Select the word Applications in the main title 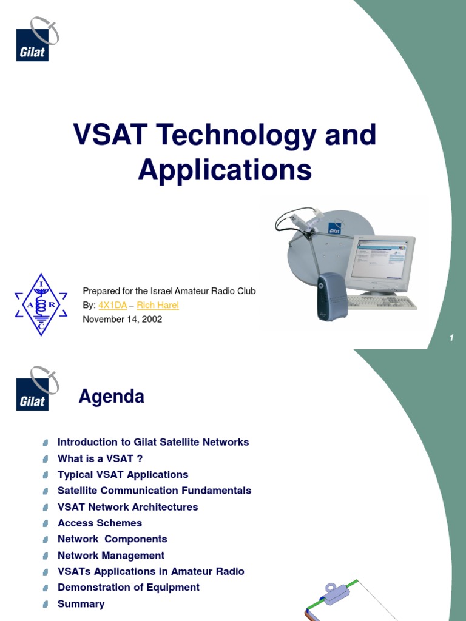(x=225, y=170)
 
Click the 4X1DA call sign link (x=112, y=305)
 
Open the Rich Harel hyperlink (x=158, y=305)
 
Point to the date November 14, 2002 (x=122, y=319)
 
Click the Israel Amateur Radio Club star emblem (x=41, y=304)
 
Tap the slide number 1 (x=452, y=338)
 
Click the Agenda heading (x=112, y=397)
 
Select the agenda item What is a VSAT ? (x=100, y=458)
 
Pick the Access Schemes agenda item (x=100, y=523)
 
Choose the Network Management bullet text (x=110, y=556)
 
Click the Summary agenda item (x=81, y=604)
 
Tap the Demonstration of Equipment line (x=128, y=588)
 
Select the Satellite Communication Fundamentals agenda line (x=154, y=491)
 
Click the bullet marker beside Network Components (x=46, y=540)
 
